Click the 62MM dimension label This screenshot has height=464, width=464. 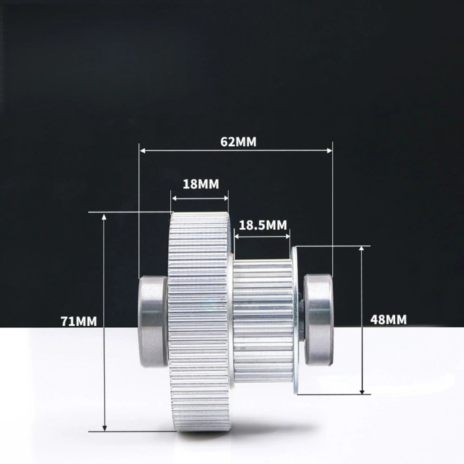238,142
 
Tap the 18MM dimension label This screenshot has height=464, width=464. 200,184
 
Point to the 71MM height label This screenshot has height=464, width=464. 79,321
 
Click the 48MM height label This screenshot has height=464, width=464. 389,319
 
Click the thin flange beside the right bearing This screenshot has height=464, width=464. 296,320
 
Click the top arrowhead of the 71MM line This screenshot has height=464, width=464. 104,216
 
